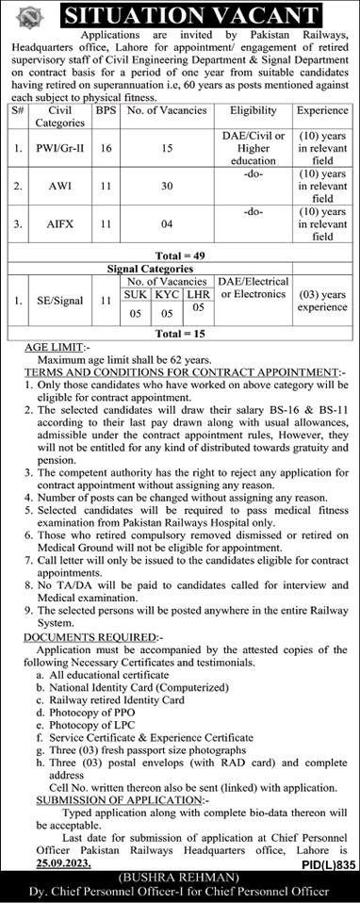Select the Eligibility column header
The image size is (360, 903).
[253, 110]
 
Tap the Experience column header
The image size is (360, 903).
[321, 110]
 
